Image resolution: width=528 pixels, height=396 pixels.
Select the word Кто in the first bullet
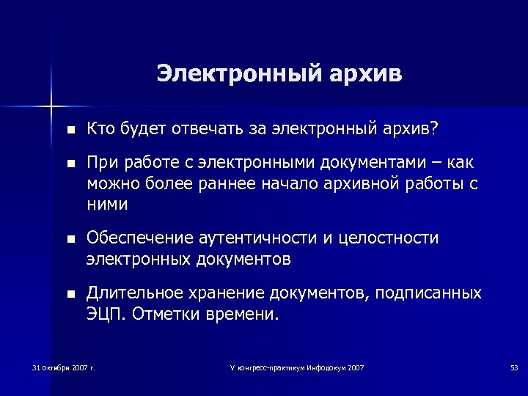[x=99, y=130]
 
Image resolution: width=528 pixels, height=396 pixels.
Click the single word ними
[x=106, y=205]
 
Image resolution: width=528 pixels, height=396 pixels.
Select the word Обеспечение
[x=139, y=238]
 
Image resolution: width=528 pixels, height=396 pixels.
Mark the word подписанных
[x=428, y=293]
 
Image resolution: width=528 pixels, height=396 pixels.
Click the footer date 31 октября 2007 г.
[x=64, y=367]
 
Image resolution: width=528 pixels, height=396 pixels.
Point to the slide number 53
[x=513, y=367]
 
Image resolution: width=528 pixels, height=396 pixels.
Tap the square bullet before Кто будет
[x=70, y=131]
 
